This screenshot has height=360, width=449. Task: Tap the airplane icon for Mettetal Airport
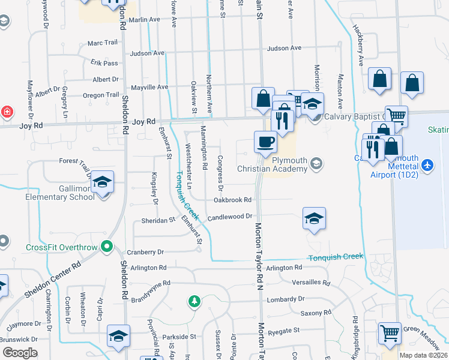coord(427,164)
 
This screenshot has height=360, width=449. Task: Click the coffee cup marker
coord(265,142)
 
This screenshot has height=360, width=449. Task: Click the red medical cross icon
coord(7,112)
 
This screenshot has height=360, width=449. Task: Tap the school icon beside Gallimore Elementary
coord(103,182)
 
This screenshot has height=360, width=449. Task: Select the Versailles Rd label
coord(310,283)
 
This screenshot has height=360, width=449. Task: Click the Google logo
coord(19,352)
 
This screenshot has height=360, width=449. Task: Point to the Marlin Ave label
coord(145,19)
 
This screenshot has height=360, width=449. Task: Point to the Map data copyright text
coord(423,355)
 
